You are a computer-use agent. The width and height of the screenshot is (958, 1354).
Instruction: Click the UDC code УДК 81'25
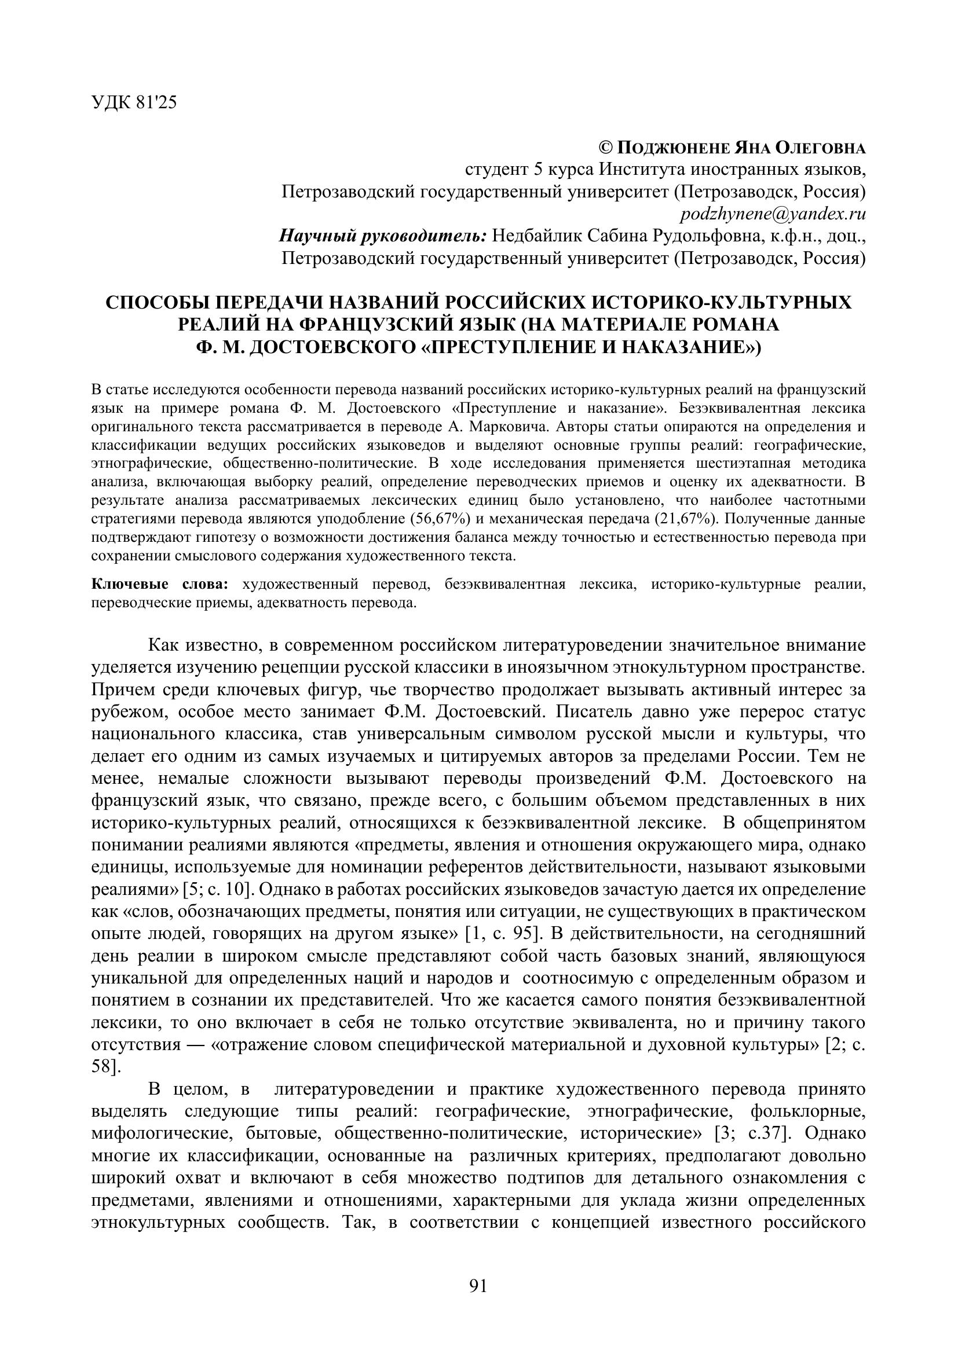coord(134,103)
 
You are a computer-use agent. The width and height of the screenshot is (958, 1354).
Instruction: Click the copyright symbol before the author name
coord(606,148)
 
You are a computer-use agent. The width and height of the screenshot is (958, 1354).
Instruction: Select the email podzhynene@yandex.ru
coord(773,214)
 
